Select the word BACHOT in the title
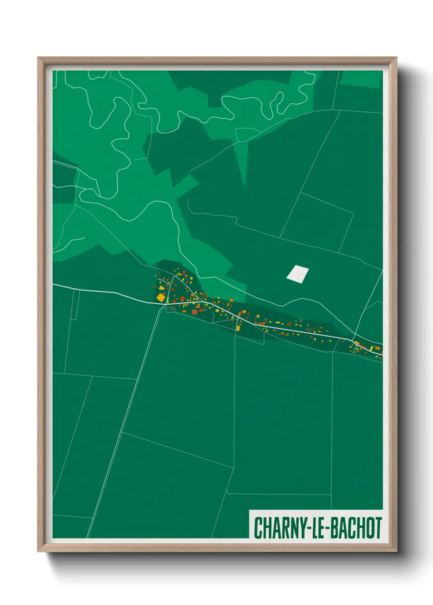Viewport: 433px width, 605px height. (x=356, y=528)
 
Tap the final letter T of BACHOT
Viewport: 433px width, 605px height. (x=378, y=528)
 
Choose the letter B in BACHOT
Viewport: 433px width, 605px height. (x=334, y=528)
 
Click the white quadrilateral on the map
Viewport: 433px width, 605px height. (x=298, y=274)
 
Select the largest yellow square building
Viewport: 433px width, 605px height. (x=160, y=297)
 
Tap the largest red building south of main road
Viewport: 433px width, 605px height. (x=195, y=312)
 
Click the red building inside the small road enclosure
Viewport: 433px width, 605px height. (x=172, y=309)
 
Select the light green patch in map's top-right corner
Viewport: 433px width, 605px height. (x=362, y=79)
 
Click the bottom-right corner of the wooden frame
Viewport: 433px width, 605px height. (x=396, y=551)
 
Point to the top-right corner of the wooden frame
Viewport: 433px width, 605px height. (x=396, y=58)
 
